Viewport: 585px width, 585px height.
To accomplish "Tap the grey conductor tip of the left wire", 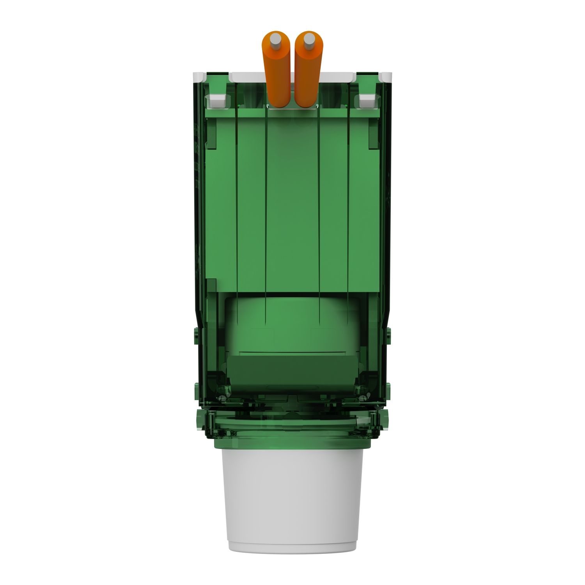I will tap(276, 39).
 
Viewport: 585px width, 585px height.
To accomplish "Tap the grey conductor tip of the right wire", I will tap(309, 39).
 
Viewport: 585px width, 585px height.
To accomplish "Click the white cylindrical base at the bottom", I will tap(292, 499).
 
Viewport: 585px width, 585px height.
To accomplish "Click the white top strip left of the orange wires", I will tap(248, 77).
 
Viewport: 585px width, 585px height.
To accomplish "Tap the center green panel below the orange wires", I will tap(292, 195).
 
